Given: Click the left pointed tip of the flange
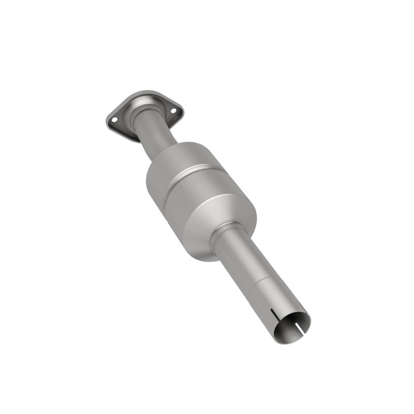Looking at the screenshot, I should (106, 122).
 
